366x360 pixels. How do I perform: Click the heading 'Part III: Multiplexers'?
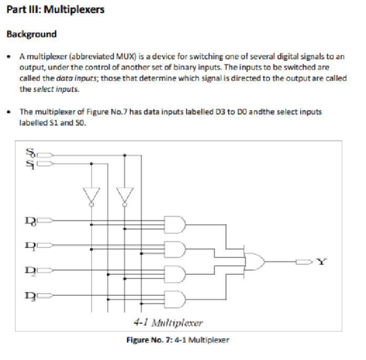55,10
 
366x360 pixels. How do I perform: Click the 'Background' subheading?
31,34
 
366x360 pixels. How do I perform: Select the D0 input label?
30,221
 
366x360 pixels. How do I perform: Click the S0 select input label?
30,155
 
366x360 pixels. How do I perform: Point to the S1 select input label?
30,163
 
